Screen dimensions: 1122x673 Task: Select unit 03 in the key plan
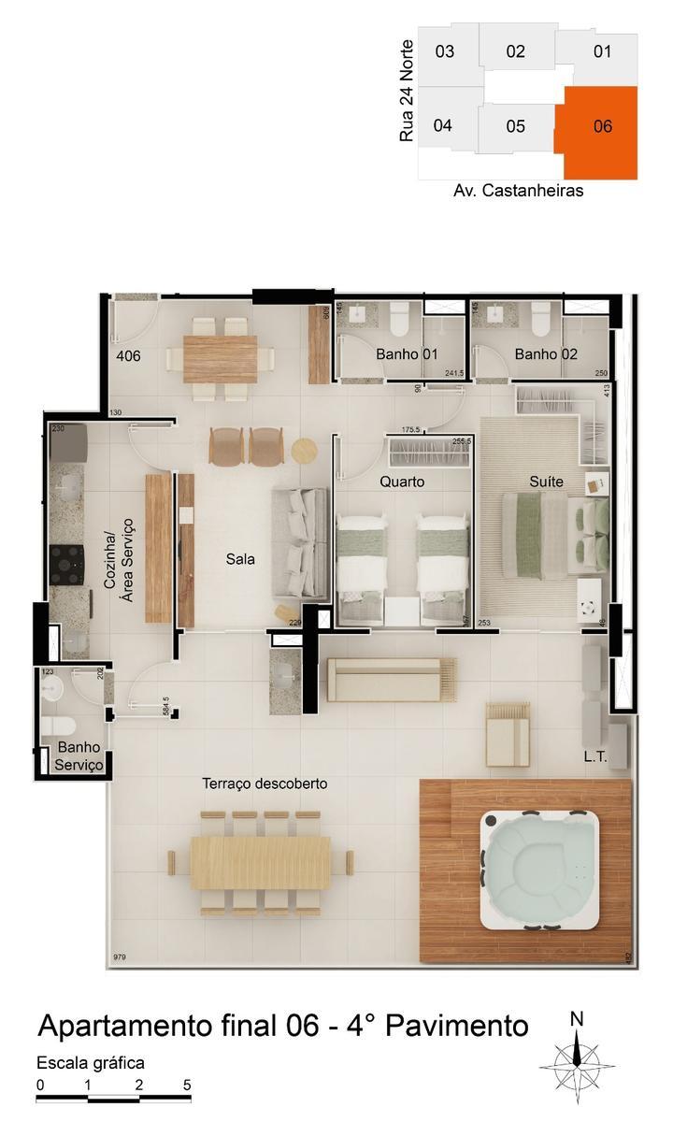tap(445, 51)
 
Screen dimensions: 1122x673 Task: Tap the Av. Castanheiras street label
tap(518, 191)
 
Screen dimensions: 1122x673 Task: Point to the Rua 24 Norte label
tap(406, 92)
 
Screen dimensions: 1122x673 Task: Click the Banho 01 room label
tap(407, 354)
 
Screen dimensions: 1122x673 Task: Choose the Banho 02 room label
tap(546, 354)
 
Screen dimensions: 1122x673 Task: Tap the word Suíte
tap(546, 482)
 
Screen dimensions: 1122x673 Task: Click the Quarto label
tap(402, 482)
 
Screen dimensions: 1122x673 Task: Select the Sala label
tap(240, 559)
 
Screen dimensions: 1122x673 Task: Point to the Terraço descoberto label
tap(265, 784)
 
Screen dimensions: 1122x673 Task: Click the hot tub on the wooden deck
tap(540, 870)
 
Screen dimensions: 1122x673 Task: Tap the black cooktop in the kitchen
tap(67, 564)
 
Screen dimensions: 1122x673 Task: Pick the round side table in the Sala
tap(306, 450)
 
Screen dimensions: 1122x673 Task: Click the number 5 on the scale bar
tap(188, 1085)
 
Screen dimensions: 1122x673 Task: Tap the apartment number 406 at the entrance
tap(129, 355)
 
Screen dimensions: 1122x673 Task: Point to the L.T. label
tap(595, 756)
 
